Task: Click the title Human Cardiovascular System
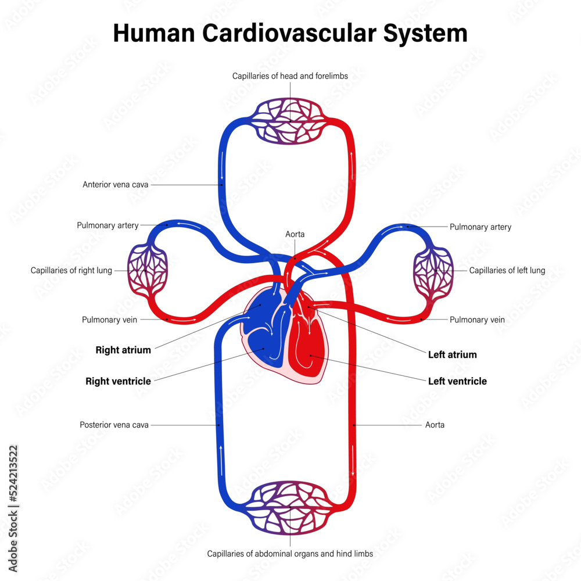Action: click(x=290, y=33)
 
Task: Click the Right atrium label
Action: click(x=123, y=350)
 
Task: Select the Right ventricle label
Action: click(x=118, y=382)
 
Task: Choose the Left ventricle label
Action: click(x=457, y=382)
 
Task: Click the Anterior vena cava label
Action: click(x=116, y=185)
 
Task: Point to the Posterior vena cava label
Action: click(x=114, y=425)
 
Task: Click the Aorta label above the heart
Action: click(x=295, y=234)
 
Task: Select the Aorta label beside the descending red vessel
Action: click(x=435, y=425)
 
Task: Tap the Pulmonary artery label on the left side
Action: click(x=107, y=225)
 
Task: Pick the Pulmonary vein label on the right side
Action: click(x=477, y=320)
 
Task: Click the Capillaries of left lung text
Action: click(x=507, y=270)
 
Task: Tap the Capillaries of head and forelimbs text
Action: click(x=290, y=76)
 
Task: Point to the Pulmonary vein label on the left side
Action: click(x=109, y=320)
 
